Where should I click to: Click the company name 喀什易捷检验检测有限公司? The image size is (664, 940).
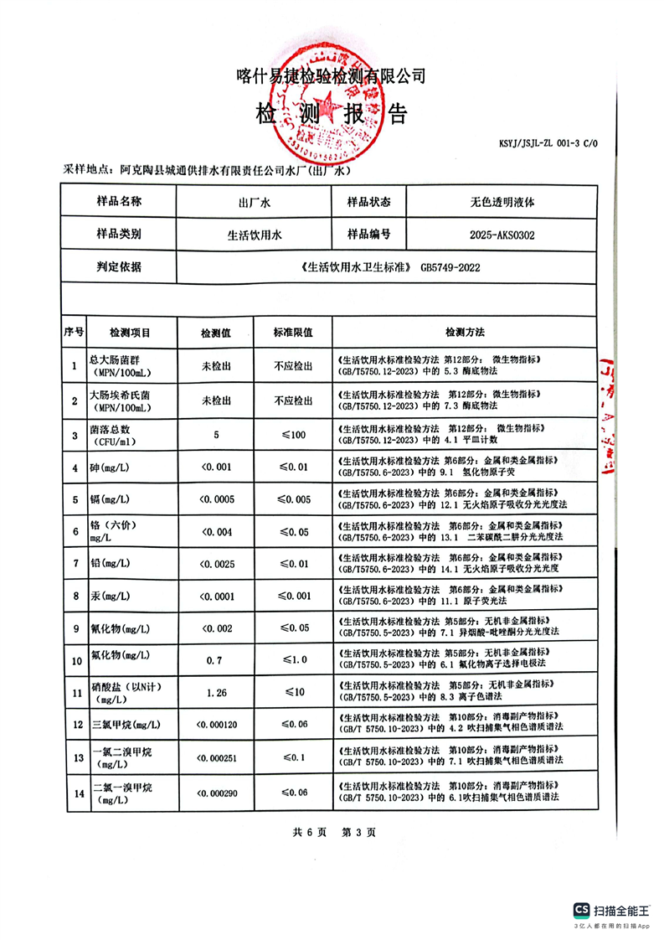point(332,76)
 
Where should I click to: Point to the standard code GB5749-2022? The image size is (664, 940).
point(450,268)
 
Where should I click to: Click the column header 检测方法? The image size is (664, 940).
point(465,332)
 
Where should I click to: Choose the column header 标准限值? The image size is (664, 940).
point(292,332)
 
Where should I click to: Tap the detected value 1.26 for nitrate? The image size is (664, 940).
point(216,692)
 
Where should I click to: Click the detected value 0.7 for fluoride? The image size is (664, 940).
point(214,660)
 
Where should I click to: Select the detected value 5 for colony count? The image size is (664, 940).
point(215,435)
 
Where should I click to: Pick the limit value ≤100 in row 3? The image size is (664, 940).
point(293,435)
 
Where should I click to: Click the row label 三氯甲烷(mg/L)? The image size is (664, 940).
point(126,724)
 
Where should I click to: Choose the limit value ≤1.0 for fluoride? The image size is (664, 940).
point(293,660)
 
